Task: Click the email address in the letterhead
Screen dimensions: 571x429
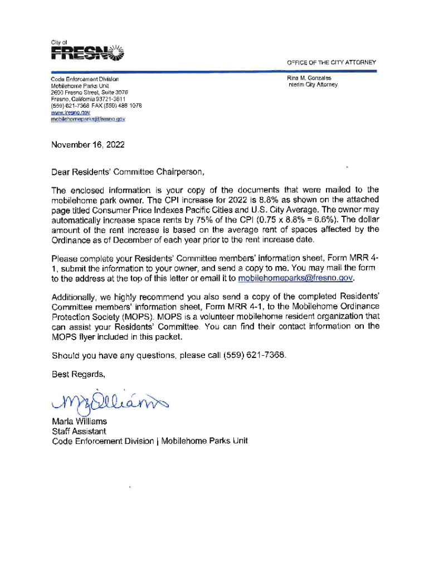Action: (x=88, y=119)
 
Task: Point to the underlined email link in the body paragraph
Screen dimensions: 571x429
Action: (x=296, y=278)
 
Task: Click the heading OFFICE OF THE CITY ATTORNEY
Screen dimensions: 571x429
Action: (x=331, y=62)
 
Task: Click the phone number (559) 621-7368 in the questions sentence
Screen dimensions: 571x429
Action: (x=258, y=355)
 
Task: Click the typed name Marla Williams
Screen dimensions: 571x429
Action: (x=79, y=422)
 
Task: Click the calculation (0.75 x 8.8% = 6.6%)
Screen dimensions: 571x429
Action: (x=291, y=220)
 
